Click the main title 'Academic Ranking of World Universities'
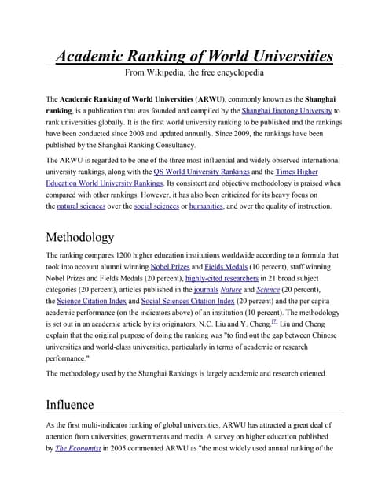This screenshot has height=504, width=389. (x=194, y=56)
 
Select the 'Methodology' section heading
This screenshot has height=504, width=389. (x=80, y=237)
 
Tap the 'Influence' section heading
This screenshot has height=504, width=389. (x=70, y=405)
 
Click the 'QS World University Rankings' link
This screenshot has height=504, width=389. (x=202, y=172)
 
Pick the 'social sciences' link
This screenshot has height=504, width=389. (x=154, y=206)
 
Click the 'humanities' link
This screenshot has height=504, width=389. (x=206, y=206)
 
